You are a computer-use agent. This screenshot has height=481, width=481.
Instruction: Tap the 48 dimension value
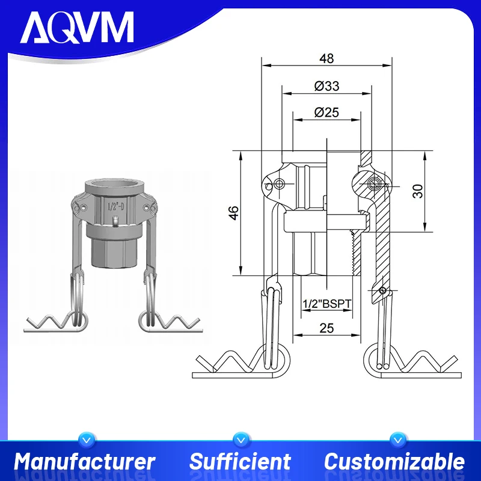[x=326, y=58]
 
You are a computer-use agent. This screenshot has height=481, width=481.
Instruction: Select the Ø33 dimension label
[x=326, y=86]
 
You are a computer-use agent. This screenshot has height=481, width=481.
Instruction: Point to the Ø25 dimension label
[x=326, y=112]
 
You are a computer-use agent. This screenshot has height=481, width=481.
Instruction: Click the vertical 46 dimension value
[x=234, y=212]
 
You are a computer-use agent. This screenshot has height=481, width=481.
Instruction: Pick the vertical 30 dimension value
[x=418, y=191]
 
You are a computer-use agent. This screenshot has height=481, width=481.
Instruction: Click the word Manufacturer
[x=85, y=462]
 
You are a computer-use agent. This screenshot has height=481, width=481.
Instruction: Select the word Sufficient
[x=240, y=462]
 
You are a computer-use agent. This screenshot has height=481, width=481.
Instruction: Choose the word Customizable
[x=394, y=462]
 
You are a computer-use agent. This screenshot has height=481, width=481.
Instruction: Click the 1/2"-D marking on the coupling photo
[x=115, y=207]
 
